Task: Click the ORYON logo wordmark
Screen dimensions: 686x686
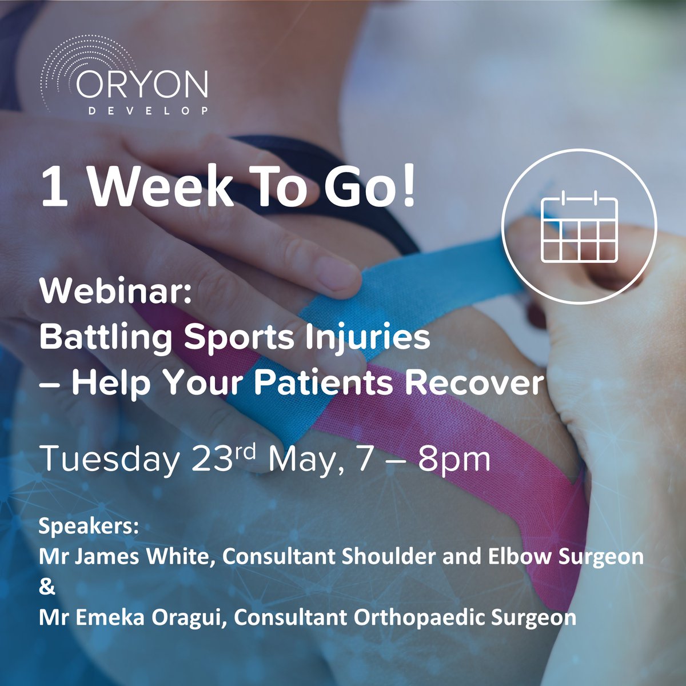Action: pos(142,85)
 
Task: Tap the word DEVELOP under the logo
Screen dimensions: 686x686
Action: pos(148,110)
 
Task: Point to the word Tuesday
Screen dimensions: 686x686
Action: pos(109,458)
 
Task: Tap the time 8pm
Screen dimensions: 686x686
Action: pos(454,460)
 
